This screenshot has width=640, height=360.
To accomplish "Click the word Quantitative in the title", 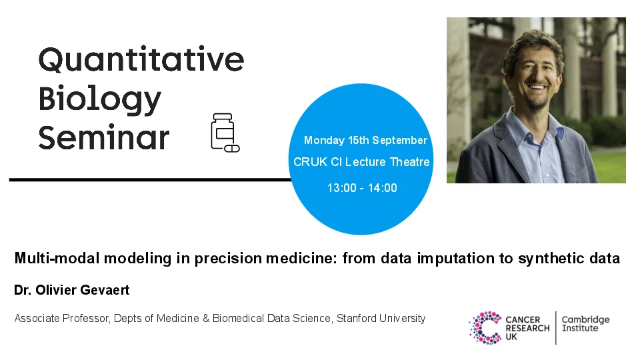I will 141,60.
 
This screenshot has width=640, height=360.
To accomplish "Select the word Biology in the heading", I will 100,99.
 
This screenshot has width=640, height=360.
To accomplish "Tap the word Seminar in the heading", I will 104,137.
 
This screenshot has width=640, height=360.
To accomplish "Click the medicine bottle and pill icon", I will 225,133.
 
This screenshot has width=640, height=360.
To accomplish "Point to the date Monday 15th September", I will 365,140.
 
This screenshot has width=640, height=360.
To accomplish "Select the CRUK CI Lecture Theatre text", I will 361,162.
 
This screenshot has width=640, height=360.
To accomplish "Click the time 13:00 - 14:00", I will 362,188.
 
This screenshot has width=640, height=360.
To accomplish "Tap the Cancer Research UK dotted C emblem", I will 485,328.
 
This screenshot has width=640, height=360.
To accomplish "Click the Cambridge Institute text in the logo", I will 585,324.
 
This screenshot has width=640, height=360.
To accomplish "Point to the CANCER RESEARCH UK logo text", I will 527,328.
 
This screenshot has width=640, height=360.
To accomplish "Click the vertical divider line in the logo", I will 556,328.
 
